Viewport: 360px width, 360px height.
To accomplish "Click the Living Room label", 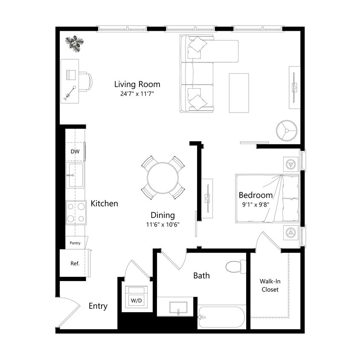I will coord(137,84).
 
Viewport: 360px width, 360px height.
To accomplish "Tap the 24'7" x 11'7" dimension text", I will coord(137,94).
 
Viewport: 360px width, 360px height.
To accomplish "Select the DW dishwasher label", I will coord(75,151).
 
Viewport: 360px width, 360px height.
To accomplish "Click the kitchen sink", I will coord(75,175).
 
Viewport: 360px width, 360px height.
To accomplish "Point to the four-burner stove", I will coord(76,212).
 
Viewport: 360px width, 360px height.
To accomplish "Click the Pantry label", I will coord(75,243).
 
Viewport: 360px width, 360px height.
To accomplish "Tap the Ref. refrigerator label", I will coord(75,263).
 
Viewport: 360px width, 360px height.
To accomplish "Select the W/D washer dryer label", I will coord(136,301).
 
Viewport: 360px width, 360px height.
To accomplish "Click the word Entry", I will coord(98,306).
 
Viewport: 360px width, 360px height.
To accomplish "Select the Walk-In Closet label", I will coord(270,285).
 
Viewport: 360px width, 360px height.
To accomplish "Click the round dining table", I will coord(163,178).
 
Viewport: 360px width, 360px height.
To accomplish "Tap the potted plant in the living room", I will coord(75,43).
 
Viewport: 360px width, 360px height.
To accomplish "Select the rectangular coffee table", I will coord(238,93).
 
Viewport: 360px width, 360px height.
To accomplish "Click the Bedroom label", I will coord(255,195).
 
